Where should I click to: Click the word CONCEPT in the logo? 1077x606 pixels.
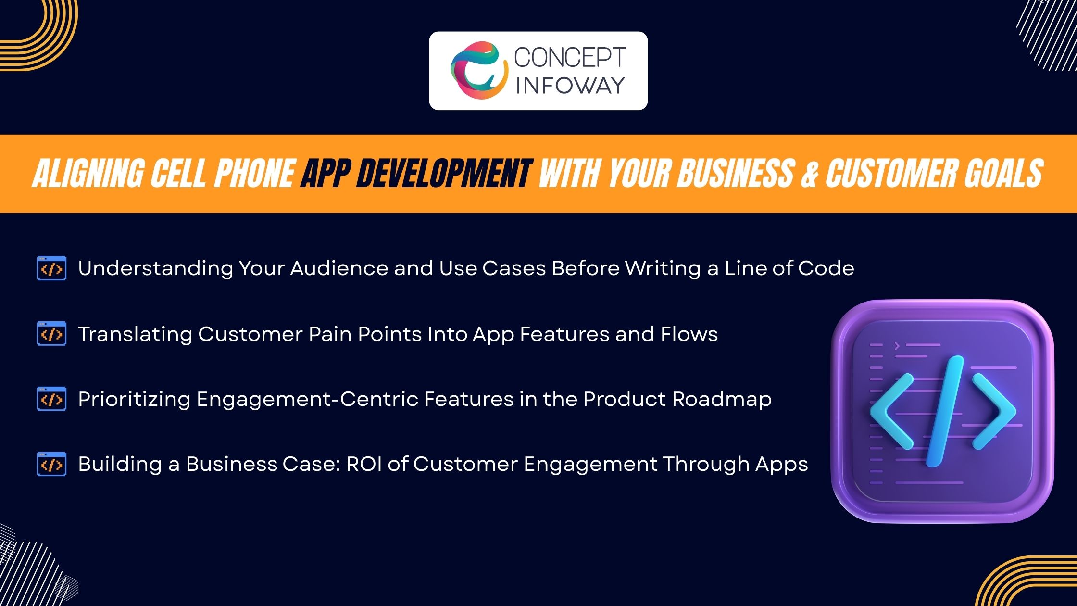[x=570, y=58]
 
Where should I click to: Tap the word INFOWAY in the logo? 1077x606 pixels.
[x=570, y=86]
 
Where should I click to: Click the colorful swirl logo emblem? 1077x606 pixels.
[x=479, y=70]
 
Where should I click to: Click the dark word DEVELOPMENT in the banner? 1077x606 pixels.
[x=443, y=174]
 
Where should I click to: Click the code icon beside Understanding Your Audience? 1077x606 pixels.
[x=51, y=268]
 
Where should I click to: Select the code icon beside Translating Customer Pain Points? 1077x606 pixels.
[x=51, y=334]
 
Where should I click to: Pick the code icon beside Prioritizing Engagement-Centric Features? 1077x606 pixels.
[x=51, y=399]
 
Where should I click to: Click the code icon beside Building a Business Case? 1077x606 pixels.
[x=51, y=464]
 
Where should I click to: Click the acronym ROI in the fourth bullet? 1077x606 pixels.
[x=364, y=464]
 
